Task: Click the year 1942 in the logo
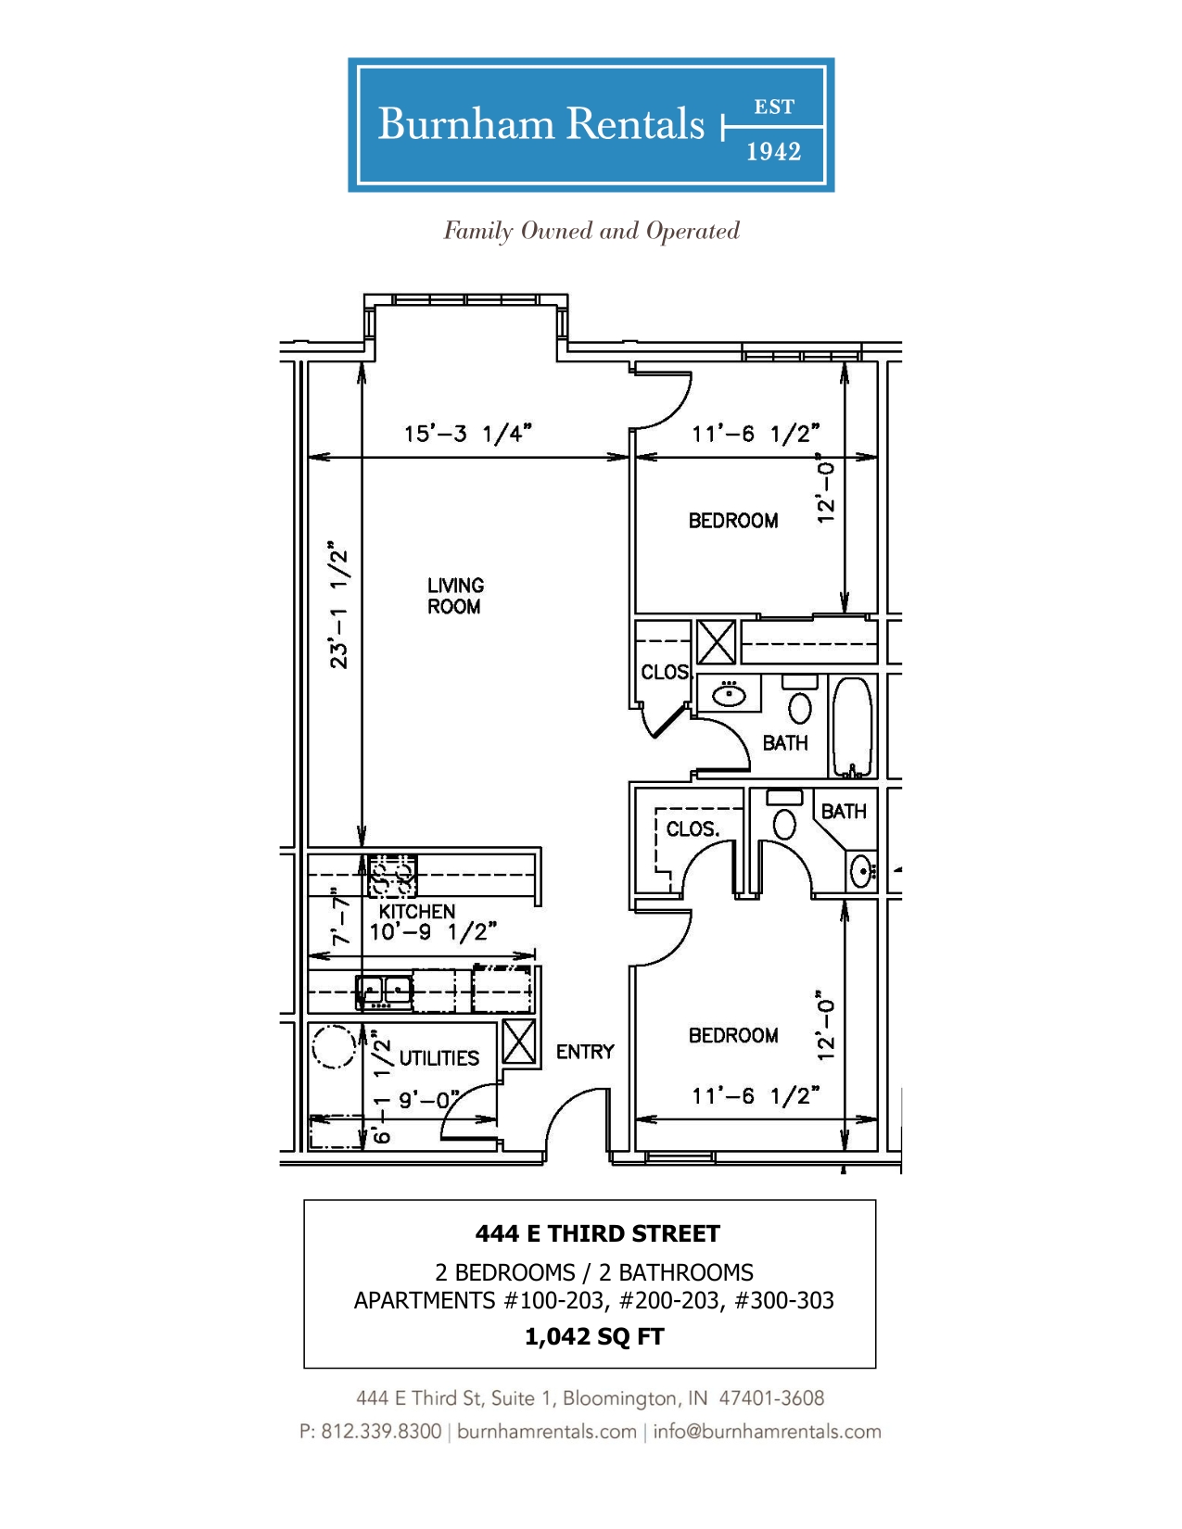[773, 151]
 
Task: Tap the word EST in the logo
[774, 107]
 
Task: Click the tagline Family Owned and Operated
[591, 232]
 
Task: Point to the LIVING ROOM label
[455, 595]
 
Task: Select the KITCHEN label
[417, 911]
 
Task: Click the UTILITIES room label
[438, 1057]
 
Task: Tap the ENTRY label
[585, 1051]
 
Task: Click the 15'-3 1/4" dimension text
[467, 434]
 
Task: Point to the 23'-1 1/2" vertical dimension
[338, 604]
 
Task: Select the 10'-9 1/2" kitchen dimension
[433, 932]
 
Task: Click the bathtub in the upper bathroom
[852, 727]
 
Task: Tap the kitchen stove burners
[392, 876]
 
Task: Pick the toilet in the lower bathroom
[784, 816]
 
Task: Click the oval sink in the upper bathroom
[730, 695]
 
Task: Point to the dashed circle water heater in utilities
[333, 1048]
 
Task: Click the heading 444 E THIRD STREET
[597, 1233]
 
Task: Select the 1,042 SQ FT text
[594, 1336]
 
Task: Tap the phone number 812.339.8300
[381, 1431]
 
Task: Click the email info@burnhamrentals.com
[767, 1431]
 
